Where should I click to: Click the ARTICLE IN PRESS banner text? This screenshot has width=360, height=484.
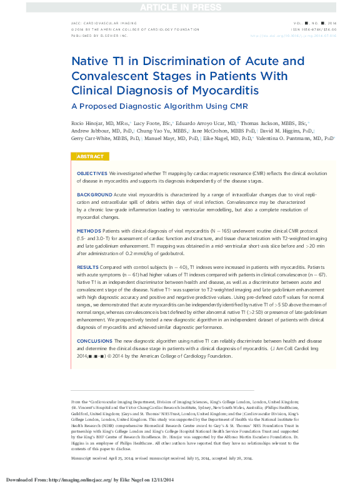[x=180, y=7]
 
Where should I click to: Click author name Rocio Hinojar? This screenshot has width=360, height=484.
[x=87, y=124]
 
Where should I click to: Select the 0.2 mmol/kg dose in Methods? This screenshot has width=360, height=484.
[x=147, y=253]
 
